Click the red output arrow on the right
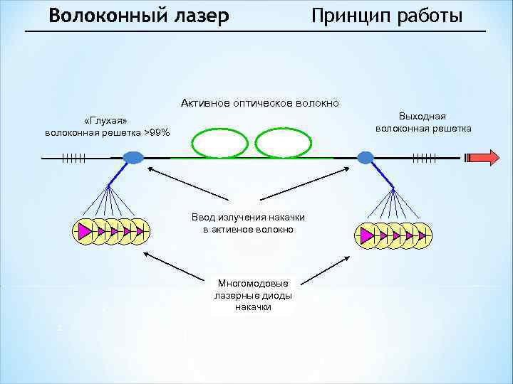click(x=487, y=158)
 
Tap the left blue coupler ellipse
click(x=133, y=157)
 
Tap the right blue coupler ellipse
click(x=366, y=157)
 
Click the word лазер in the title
click(x=197, y=16)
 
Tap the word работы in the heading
click(x=429, y=16)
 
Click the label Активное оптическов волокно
click(x=260, y=104)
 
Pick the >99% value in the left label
click(x=157, y=132)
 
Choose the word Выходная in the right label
click(x=423, y=116)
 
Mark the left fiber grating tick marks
click(x=74, y=157)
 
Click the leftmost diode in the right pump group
click(x=367, y=235)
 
